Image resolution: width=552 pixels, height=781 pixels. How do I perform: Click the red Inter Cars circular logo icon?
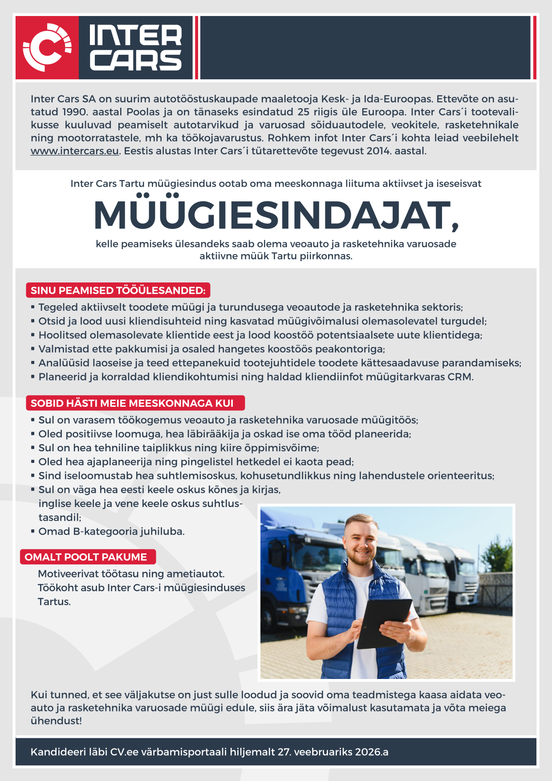(47, 48)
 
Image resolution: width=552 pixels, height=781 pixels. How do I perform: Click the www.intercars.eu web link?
(74, 151)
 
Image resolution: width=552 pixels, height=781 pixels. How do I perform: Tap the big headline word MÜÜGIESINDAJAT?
(276, 215)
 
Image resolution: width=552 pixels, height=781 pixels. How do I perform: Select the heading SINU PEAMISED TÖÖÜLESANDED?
(118, 290)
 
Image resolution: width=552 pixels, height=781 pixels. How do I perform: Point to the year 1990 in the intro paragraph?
(75, 112)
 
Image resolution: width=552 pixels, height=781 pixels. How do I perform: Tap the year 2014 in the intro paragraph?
(378, 151)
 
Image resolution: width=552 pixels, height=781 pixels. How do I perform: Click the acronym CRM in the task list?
(460, 377)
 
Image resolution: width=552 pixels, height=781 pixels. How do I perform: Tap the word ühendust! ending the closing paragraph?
(56, 721)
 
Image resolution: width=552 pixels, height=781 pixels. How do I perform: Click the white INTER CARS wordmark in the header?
(136, 48)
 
